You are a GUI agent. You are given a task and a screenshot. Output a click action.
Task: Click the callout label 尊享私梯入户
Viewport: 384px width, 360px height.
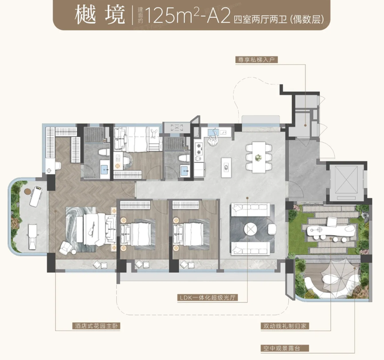click(x=256, y=60)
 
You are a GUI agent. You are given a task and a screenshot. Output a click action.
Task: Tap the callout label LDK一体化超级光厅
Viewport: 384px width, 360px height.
click(x=208, y=298)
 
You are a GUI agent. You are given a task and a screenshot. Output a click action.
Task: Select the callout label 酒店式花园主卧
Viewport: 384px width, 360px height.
click(x=96, y=326)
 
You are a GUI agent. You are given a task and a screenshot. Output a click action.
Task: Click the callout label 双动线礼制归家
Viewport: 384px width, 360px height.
click(x=285, y=326)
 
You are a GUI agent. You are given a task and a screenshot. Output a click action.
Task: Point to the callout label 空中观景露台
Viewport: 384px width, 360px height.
click(x=285, y=348)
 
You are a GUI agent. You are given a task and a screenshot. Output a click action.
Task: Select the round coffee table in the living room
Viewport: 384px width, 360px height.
click(x=251, y=229)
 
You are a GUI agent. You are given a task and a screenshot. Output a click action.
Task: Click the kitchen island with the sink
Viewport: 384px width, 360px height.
click(x=226, y=167)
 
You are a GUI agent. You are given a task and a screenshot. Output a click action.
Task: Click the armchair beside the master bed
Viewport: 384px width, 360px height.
click(x=65, y=247)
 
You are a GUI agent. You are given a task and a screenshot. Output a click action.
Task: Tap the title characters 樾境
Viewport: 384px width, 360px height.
click(x=100, y=16)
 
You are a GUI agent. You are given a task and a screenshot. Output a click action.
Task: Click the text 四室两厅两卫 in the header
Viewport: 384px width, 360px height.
click(x=260, y=19)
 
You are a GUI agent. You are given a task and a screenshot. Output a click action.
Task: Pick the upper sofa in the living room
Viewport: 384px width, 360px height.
click(x=250, y=209)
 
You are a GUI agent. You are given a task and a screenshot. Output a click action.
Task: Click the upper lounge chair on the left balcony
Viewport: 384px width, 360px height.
click(x=36, y=196)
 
